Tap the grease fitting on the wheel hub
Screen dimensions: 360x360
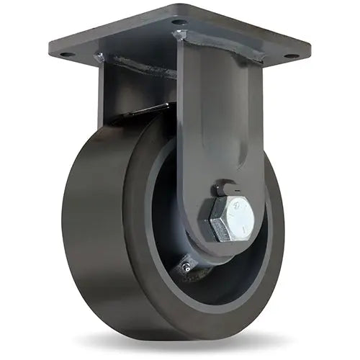pos(186,267)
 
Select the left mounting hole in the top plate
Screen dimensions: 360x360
pos(66,54)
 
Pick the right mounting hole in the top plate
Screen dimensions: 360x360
pos(289,55)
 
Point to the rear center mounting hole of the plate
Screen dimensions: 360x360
pos(177,22)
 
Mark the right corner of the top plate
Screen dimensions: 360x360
pos(310,52)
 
